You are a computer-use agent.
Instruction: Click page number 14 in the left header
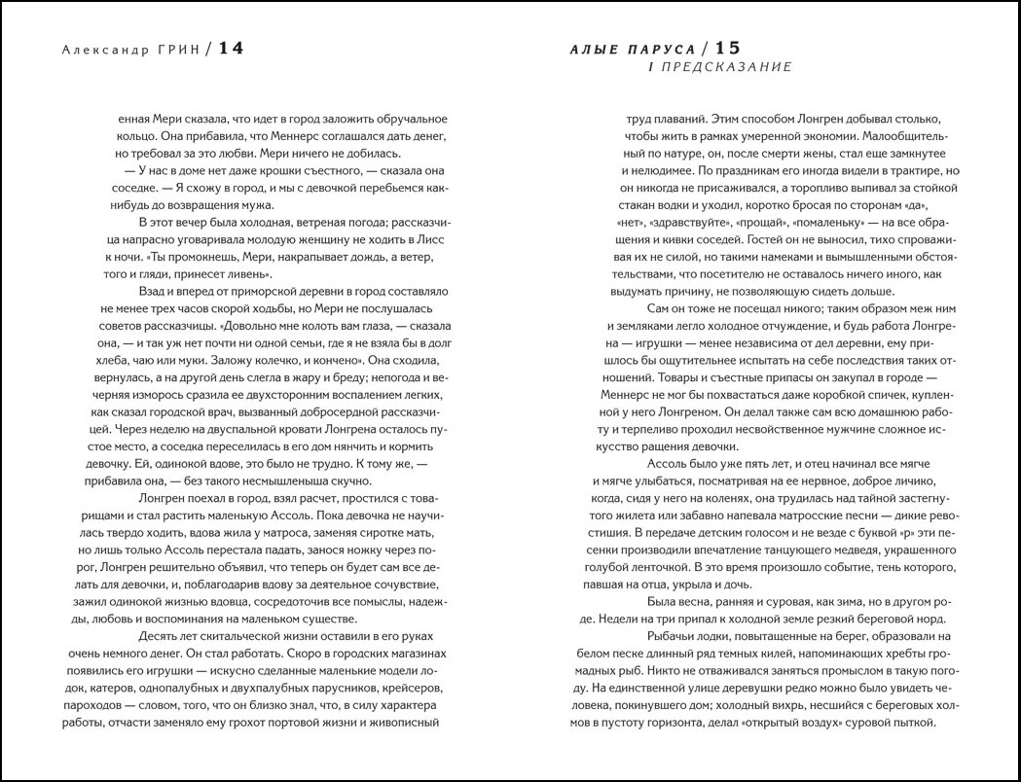[231, 49]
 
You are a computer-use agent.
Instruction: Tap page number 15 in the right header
[729, 49]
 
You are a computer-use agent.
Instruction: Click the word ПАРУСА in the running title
[663, 50]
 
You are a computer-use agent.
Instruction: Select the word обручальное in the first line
[406, 118]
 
